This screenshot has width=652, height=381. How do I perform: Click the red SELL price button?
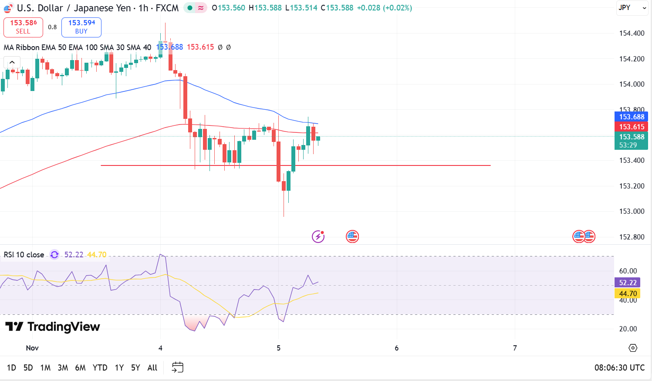pos(23,27)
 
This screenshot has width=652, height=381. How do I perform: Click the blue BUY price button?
pos(81,27)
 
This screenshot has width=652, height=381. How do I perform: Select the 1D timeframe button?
pos(12,368)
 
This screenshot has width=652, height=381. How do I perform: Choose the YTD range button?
pos(100,368)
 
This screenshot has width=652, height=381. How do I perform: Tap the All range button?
pos(152,368)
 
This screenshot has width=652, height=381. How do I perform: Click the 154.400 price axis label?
pos(632,33)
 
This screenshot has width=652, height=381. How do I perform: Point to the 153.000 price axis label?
pos(632,211)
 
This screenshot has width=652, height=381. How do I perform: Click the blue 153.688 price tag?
pos(631,117)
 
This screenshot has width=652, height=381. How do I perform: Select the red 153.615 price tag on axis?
pos(631,127)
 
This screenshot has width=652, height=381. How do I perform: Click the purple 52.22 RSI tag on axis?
pos(628,283)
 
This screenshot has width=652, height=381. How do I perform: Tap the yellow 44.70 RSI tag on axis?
pos(628,293)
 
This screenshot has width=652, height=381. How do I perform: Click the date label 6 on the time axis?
pos(396,348)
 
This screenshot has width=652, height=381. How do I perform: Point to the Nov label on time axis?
pos(32,348)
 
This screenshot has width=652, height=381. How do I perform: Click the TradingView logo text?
pos(53,327)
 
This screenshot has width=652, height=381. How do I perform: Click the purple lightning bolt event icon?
pos(318,236)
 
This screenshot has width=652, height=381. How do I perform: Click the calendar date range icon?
pos(178,368)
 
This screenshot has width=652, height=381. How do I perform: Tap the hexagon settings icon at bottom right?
pos(633,348)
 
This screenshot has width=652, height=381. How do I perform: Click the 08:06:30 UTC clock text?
pos(619,368)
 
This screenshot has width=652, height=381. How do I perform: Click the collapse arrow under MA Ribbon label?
pos(12,62)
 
